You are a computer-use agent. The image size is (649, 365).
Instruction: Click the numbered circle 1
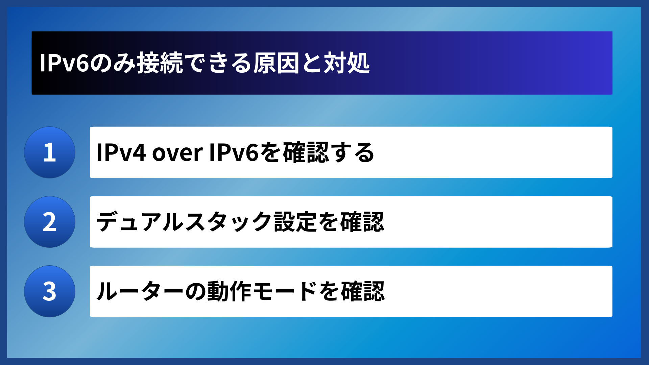click(50, 152)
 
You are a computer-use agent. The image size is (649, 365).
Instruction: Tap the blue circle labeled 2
click(50, 222)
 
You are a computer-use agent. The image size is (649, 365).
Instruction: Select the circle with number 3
click(50, 291)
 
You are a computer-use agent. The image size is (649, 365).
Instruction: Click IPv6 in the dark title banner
click(64, 63)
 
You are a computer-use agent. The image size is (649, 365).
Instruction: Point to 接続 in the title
click(160, 63)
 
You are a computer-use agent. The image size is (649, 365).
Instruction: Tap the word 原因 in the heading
click(277, 63)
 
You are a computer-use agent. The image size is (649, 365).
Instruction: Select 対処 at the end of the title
click(347, 63)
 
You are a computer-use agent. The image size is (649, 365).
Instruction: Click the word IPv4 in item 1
click(121, 153)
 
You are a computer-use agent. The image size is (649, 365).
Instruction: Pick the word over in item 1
click(177, 153)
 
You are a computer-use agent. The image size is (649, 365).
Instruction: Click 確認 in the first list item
click(306, 153)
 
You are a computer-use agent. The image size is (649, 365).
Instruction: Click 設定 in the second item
click(296, 222)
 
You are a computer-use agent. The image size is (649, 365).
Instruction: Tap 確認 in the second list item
click(362, 222)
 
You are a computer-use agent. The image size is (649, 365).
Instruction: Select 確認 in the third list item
click(363, 291)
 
